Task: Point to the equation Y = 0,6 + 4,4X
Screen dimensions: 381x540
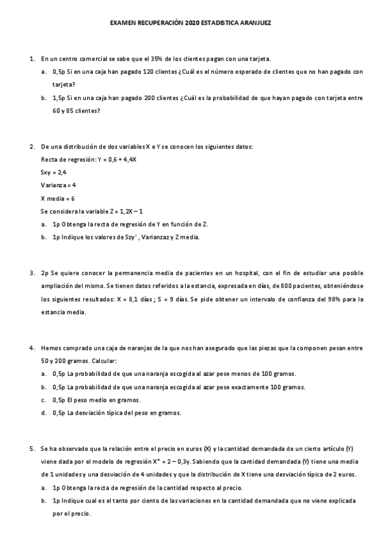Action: coord(115,159)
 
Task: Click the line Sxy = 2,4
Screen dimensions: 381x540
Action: coord(53,172)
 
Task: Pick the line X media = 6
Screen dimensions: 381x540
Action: coord(58,198)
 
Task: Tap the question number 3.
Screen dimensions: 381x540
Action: coord(31,273)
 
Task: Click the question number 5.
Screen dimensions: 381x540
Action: coord(31,449)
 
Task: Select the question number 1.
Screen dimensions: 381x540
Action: coord(31,59)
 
